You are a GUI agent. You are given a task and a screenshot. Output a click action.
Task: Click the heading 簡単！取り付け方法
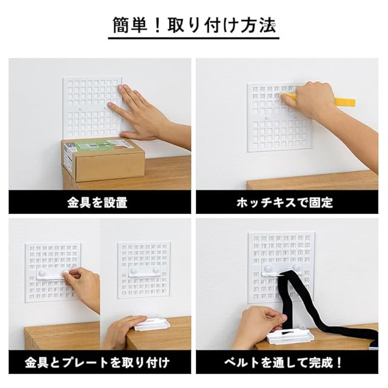click(194, 25)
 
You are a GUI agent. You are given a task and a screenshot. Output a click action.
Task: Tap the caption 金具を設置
click(97, 202)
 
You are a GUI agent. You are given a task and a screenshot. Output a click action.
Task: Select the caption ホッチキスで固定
click(285, 202)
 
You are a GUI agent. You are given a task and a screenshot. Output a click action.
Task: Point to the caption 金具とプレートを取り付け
click(97, 363)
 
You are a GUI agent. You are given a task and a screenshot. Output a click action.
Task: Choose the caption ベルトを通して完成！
click(284, 363)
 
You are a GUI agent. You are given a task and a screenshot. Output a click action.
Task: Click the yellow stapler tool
click(319, 98)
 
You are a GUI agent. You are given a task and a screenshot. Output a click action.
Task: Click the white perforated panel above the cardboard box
click(92, 108)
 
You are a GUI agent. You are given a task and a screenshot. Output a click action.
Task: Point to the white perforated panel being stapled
click(279, 118)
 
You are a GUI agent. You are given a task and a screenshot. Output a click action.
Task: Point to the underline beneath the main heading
click(194, 38)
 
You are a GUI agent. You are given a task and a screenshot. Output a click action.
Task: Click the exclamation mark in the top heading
click(158, 25)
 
